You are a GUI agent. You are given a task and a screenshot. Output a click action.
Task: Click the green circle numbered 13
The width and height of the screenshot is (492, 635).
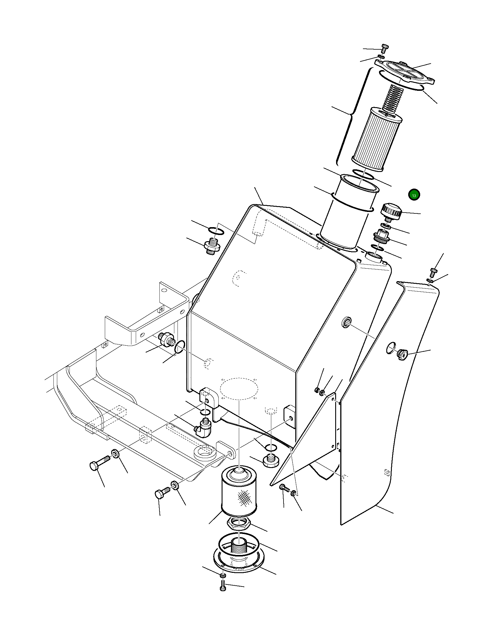414,195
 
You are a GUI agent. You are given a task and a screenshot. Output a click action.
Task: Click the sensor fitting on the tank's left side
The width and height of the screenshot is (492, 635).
166,340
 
